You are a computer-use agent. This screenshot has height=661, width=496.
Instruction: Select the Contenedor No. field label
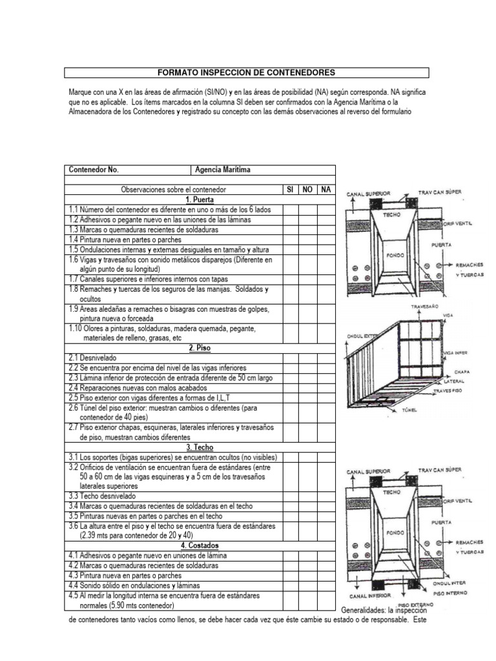click(94, 170)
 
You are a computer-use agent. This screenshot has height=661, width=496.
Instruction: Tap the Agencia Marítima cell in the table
click(223, 170)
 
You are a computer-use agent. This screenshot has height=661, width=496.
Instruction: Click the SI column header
click(290, 190)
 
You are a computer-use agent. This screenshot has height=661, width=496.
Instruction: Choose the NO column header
click(308, 190)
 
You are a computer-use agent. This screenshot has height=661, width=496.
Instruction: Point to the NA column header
click(326, 190)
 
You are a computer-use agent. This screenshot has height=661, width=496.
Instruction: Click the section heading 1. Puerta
click(200, 199)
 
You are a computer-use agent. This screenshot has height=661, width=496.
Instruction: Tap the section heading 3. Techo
click(200, 447)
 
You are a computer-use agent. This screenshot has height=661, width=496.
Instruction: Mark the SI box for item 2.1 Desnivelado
click(290, 357)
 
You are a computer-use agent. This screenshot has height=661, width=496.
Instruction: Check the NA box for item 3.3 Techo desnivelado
click(326, 496)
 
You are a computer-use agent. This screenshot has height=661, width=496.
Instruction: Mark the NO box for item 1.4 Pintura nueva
click(308, 239)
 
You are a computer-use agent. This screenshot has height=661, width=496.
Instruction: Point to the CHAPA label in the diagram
click(462, 372)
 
